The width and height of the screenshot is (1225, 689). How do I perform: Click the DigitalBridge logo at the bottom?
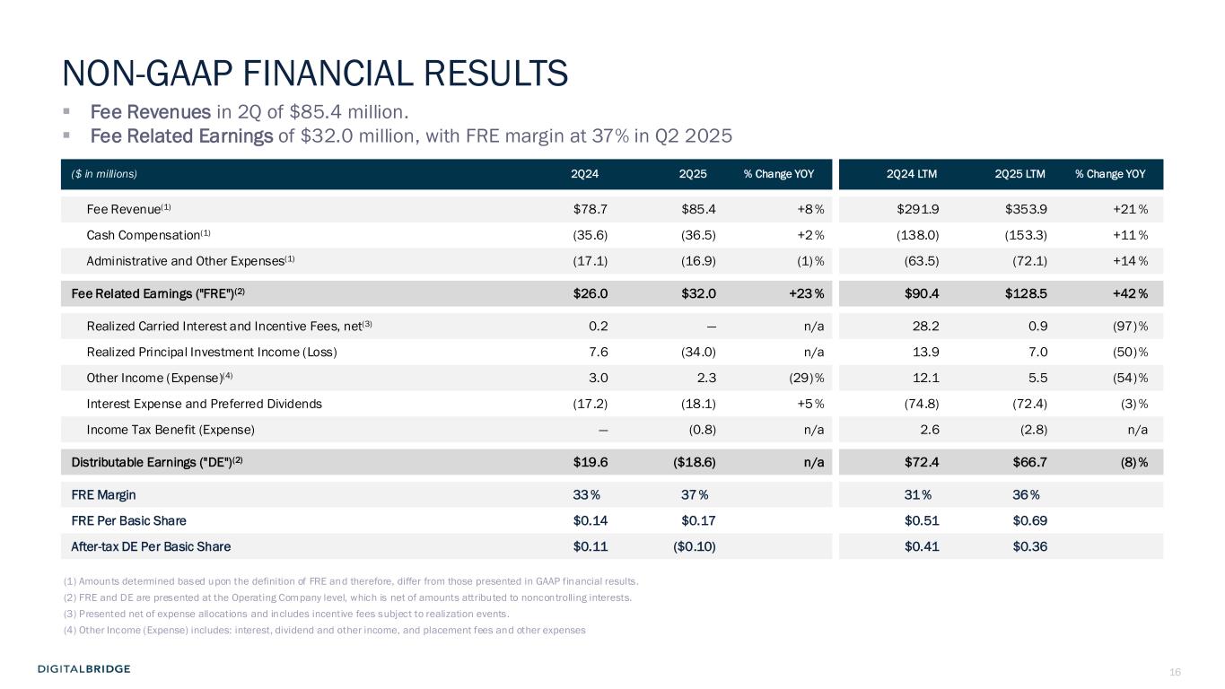[84, 668]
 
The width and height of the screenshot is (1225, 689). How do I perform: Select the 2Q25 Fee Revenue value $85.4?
[698, 210]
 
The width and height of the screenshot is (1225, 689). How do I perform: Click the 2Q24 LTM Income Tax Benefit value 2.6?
[930, 429]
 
